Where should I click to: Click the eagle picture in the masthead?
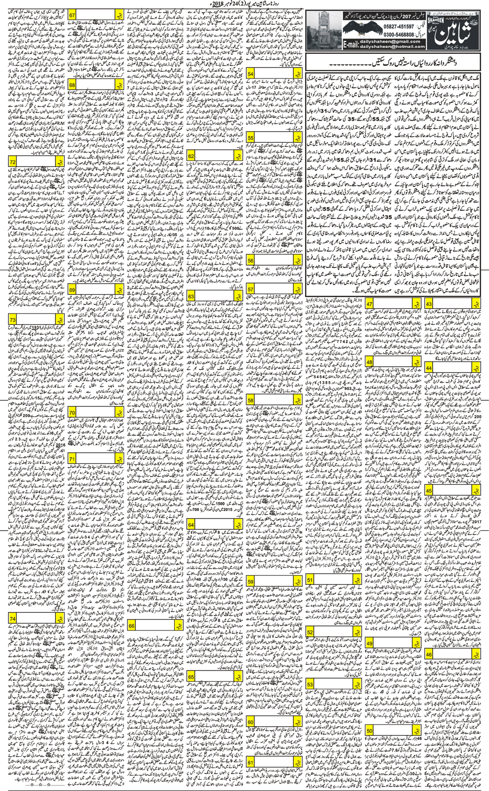364,30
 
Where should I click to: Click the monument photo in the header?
322,31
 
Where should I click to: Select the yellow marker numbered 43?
428,304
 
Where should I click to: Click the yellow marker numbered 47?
370,304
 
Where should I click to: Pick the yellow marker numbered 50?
370,730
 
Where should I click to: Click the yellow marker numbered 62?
191,156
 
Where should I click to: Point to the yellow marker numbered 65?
191,677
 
